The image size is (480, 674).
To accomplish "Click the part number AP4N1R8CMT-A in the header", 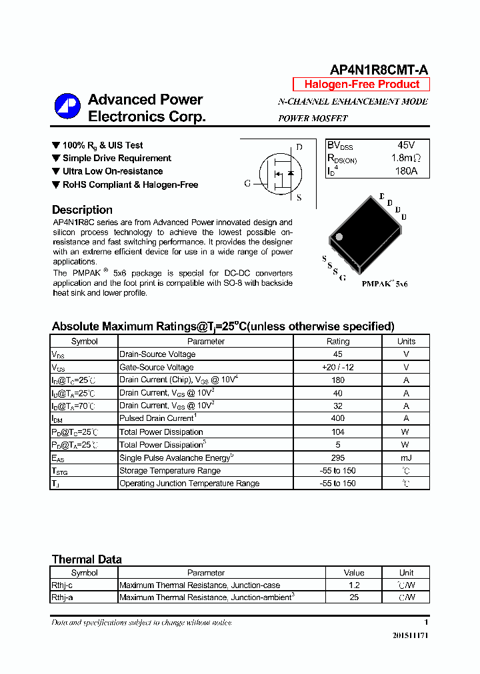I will (x=379, y=70).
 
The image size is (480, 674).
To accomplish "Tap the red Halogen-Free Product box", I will (x=361, y=84).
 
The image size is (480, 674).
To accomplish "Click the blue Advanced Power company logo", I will (x=67, y=107).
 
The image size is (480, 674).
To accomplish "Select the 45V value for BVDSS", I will (x=406, y=145).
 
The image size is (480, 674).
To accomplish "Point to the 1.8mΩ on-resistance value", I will (x=405, y=159).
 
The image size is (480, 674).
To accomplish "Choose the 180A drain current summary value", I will (x=406, y=171).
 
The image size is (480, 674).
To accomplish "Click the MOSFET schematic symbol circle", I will (x=276, y=172).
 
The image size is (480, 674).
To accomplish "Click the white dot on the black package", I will (x=339, y=236).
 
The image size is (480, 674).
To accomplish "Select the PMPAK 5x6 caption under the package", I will (x=385, y=284).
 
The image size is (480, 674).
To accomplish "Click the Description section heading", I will (x=82, y=210).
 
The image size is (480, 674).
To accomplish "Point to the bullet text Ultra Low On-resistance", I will (x=112, y=171).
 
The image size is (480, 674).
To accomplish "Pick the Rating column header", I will (x=337, y=341).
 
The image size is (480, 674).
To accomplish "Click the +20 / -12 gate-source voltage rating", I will (x=337, y=367).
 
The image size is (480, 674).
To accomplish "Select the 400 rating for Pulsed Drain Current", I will (x=337, y=418).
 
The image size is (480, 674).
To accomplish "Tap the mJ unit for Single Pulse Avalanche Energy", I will (x=405, y=458).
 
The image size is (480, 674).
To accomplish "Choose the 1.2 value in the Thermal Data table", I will (x=354, y=585).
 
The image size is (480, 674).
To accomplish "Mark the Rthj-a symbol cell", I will (x=62, y=597).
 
